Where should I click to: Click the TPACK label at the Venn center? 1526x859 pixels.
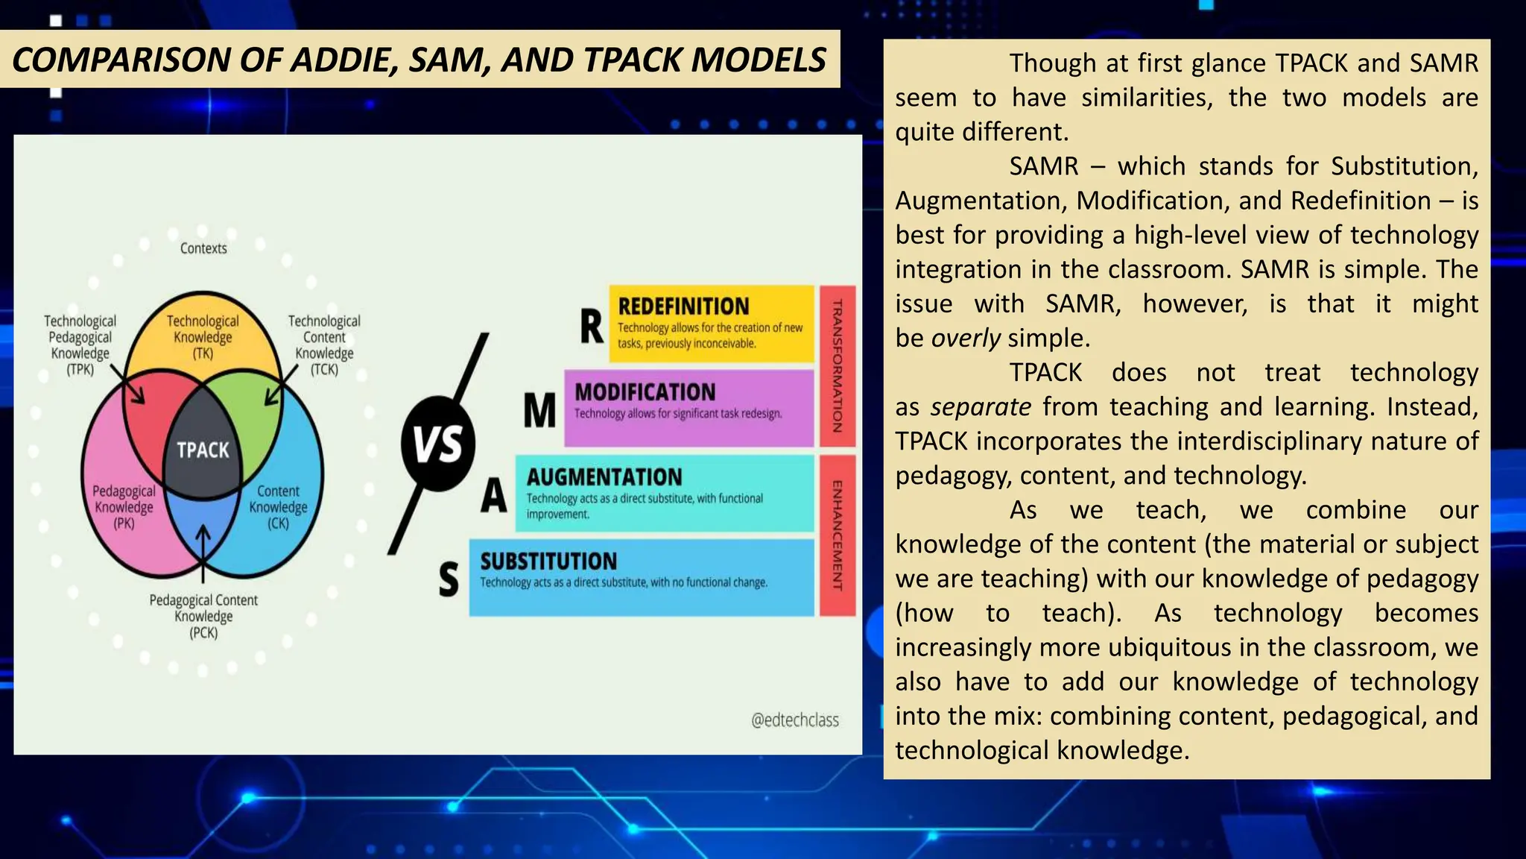203,450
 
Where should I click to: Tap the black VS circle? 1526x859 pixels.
438,444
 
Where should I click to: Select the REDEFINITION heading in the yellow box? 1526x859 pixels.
683,306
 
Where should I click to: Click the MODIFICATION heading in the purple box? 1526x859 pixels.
645,392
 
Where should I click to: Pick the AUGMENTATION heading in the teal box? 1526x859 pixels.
604,477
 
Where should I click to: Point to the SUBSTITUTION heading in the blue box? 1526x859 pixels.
548,561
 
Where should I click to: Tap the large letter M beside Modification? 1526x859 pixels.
539,411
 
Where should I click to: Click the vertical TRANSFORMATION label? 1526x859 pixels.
837,365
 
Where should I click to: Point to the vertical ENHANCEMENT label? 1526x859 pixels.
837,535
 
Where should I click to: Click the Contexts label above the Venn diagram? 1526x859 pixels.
203,248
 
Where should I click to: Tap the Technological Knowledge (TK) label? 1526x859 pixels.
203,336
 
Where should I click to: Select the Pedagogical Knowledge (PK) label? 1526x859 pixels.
124,507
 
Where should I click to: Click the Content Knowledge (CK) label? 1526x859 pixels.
278,507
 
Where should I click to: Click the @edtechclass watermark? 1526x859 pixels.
794,720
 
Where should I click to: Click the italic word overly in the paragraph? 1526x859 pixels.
966,339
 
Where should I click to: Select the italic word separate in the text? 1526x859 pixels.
981,407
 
